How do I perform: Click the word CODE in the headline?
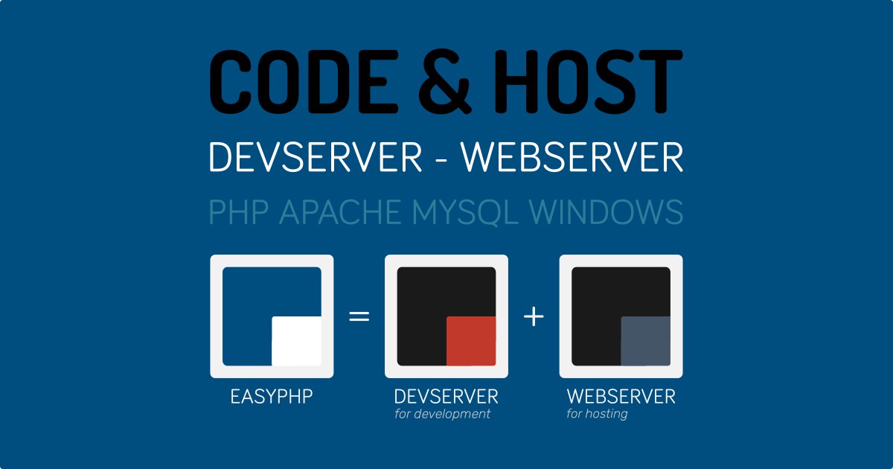(304, 82)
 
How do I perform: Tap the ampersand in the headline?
(444, 82)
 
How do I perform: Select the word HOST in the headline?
(588, 82)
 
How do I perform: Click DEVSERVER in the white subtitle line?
(316, 157)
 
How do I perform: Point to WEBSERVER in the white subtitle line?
(572, 157)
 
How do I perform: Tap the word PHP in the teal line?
(238, 212)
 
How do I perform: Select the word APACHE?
(339, 212)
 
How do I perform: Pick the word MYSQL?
(465, 213)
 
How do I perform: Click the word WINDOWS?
(606, 212)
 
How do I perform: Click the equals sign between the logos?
(359, 316)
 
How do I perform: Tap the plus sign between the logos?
(534, 316)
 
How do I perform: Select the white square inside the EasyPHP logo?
(297, 341)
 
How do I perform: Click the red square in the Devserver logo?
(471, 341)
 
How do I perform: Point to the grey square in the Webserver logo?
(646, 341)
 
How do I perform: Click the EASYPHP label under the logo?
(272, 396)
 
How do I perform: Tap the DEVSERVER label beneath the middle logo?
(446, 396)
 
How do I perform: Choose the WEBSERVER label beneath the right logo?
(621, 396)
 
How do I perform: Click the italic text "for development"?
(442, 414)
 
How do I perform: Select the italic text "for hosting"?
(597, 414)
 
